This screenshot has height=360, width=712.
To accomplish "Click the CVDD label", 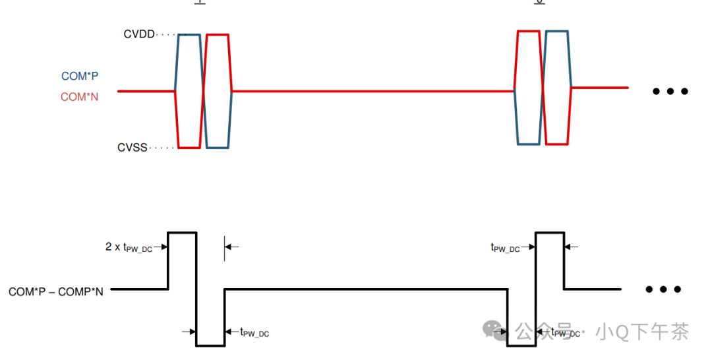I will point(138,34).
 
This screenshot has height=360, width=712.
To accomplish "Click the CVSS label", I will point(133,148).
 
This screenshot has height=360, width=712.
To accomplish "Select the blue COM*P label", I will point(80,76).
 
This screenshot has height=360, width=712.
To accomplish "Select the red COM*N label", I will point(80,97).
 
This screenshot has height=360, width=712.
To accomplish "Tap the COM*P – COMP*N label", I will point(56,291).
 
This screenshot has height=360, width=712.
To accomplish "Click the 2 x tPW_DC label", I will point(129,247).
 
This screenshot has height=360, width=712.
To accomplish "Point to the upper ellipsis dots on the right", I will point(670,91).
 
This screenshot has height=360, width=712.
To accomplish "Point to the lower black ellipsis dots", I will point(663,289).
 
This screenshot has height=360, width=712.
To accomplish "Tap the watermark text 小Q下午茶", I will point(642,331).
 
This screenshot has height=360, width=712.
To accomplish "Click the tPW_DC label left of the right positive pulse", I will point(505,248).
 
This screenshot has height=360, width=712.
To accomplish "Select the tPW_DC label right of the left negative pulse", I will point(254,333).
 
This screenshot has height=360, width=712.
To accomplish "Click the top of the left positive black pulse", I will point(182,233).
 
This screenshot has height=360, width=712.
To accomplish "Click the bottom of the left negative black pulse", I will point(210,345).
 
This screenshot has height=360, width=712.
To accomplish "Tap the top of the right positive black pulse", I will point(549,233).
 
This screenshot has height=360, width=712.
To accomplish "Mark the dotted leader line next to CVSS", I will point(163,148).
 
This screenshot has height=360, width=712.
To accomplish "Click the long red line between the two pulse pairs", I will point(372,91).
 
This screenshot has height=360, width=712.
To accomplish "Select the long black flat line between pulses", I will point(366,289).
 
